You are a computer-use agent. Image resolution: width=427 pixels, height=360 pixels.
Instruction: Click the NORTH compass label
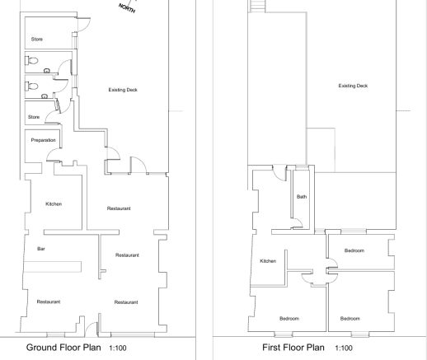(127, 8)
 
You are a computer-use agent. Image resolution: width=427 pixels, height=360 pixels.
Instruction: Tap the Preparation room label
(43, 140)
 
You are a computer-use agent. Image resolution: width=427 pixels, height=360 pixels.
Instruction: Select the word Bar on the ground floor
(41, 249)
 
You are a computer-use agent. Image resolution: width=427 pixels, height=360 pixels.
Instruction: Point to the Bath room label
(302, 197)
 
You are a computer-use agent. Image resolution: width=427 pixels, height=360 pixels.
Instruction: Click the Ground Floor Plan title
(63, 348)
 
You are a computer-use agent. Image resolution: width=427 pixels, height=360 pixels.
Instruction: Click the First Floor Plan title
(293, 348)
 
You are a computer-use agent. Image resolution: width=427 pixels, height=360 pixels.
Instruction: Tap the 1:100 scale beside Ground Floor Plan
(118, 348)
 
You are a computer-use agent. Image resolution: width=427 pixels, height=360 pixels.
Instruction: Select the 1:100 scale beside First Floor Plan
(344, 348)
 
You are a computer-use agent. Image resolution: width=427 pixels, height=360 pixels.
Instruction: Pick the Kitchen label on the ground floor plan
(54, 203)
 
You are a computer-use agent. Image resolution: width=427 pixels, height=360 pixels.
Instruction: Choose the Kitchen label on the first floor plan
(268, 261)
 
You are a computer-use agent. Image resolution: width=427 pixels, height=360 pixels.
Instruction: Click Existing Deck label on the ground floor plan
(123, 90)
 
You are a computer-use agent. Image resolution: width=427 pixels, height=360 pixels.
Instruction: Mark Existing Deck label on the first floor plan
(353, 86)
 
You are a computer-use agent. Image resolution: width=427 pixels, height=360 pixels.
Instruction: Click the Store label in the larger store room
(37, 40)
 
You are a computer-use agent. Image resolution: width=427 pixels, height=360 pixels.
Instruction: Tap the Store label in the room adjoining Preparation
(34, 117)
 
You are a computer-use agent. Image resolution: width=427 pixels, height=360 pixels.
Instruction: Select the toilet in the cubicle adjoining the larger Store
(31, 61)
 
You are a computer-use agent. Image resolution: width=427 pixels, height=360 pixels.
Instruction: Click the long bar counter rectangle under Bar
(53, 267)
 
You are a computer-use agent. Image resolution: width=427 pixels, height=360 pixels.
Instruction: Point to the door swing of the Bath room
(298, 223)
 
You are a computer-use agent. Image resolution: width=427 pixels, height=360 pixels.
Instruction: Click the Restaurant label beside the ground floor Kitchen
(119, 208)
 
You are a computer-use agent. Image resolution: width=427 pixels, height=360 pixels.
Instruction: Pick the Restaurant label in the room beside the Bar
(127, 255)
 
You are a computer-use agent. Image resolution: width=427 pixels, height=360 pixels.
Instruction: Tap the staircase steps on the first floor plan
(257, 6)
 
